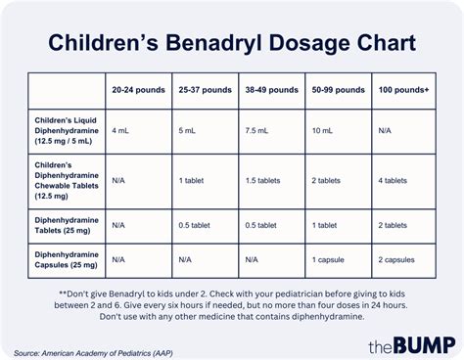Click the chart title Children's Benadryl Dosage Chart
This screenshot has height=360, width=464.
coord(232,44)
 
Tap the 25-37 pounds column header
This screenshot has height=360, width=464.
coord(205,90)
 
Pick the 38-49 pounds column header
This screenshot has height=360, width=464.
coord(271,90)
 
